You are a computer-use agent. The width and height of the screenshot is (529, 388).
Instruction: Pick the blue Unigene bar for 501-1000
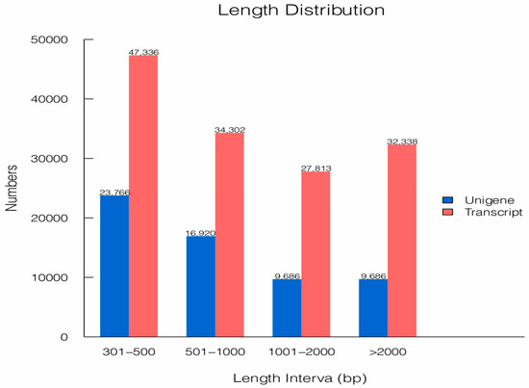[200, 286]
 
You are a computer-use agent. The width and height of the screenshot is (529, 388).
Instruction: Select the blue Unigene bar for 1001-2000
[287, 307]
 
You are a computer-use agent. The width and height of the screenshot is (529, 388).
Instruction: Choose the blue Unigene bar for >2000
[372, 307]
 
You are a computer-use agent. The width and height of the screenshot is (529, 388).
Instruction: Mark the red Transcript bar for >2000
[402, 240]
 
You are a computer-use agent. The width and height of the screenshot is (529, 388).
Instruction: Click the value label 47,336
[143, 51]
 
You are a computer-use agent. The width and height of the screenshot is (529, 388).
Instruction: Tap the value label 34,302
[230, 128]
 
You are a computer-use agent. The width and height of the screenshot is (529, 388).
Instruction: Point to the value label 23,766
[114, 192]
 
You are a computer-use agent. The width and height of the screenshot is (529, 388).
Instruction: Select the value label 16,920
[200, 232]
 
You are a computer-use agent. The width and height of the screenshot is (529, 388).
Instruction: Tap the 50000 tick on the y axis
[50, 40]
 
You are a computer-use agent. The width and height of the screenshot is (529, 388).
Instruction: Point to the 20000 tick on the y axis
[50, 219]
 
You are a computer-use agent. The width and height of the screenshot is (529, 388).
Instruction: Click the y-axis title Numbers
[13, 189]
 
